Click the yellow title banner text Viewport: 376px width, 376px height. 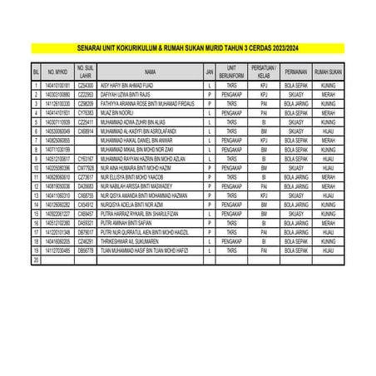(187, 48)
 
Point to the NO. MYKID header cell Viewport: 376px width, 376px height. (58, 72)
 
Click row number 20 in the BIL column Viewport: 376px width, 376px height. (36, 260)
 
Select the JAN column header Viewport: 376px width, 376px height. (210, 72)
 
